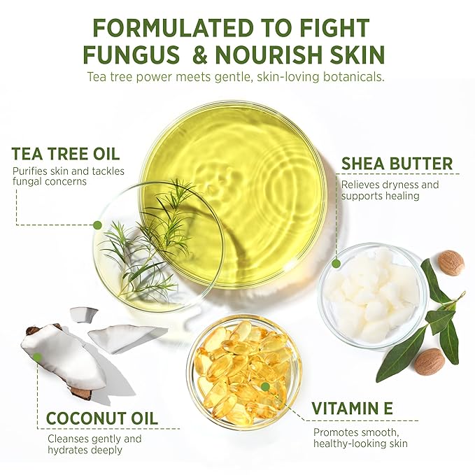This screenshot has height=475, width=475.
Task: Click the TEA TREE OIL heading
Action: pyautogui.click(x=66, y=154)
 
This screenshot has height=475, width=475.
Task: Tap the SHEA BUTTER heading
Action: pyautogui.click(x=397, y=164)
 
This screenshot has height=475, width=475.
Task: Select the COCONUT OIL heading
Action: pyautogui.click(x=102, y=418)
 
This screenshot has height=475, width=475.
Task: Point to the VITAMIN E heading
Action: pyautogui.click(x=353, y=408)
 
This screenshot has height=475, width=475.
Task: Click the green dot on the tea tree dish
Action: pyautogui.click(x=97, y=225)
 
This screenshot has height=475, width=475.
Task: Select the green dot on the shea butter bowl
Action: pyautogui.click(x=336, y=263)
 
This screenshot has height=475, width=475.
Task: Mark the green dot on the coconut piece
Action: pyautogui.click(x=37, y=357)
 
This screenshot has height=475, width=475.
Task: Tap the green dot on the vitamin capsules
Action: pyautogui.click(x=265, y=386)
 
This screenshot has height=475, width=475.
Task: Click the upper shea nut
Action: pyautogui.click(x=451, y=263)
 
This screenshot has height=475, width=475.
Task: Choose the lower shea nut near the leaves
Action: pyautogui.click(x=430, y=362)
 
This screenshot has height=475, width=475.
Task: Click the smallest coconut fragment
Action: pyautogui.click(x=83, y=314)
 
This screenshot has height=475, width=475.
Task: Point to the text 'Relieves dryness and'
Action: pyautogui.click(x=390, y=185)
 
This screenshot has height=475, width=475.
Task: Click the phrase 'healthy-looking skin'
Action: pyautogui.click(x=360, y=444)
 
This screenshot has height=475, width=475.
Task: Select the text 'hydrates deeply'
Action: pyautogui.click(x=85, y=450)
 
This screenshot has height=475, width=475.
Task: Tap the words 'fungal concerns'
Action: pyautogui.click(x=50, y=181)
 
